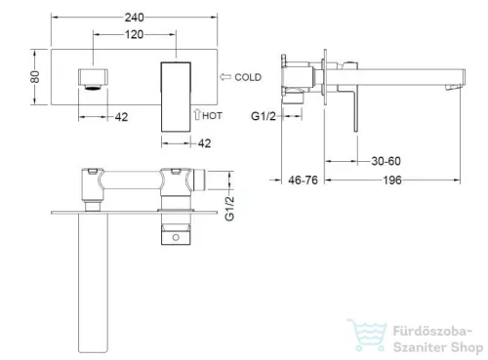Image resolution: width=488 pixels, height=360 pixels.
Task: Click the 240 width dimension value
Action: [134, 18]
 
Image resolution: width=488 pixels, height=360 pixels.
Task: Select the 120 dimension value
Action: [134, 34]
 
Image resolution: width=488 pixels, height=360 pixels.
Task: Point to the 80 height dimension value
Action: [35, 77]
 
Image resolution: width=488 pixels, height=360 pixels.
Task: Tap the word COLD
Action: [248, 77]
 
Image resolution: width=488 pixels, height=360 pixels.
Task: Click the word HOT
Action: [212, 116]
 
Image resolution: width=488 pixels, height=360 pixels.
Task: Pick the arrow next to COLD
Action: [225, 77]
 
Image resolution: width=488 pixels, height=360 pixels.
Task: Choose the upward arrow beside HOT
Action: [197, 114]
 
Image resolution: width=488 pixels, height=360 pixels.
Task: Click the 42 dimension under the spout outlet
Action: [121, 117]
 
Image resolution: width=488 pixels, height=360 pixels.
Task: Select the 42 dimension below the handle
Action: [204, 143]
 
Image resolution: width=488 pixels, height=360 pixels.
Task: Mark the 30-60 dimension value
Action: [386, 161]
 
